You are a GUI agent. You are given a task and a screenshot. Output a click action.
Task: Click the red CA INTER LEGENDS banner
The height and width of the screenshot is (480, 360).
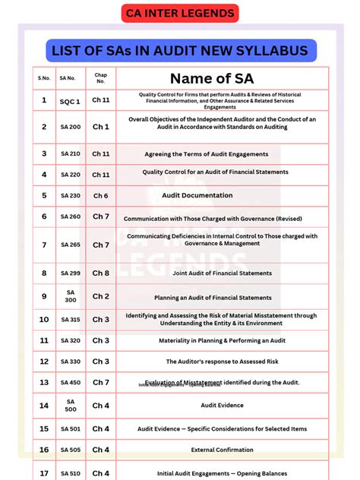click(180, 13)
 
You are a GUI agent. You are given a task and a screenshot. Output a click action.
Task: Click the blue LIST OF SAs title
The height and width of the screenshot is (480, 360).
click(180, 51)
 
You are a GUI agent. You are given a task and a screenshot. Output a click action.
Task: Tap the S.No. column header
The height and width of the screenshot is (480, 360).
click(43, 78)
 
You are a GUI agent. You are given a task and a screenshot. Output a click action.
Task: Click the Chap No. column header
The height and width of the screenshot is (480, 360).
click(100, 78)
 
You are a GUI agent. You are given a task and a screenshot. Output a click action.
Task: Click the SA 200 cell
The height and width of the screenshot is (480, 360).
click(71, 127)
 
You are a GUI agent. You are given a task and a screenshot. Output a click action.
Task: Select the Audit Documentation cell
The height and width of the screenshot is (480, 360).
click(197, 195)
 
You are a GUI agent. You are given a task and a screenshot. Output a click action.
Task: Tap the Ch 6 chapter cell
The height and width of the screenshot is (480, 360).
click(100, 195)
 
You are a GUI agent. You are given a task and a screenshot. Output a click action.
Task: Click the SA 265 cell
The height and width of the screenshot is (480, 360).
click(71, 245)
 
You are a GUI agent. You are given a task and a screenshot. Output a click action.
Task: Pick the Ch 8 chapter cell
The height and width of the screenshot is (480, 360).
click(100, 273)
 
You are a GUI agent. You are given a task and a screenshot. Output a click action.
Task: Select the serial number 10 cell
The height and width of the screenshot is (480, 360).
click(43, 320)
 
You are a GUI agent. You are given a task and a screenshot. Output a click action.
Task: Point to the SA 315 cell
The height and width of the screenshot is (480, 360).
click(71, 320)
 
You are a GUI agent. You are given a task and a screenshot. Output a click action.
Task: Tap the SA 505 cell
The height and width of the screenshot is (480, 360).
click(71, 450)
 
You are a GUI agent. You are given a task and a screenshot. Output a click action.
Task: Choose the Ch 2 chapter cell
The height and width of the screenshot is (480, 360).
click(100, 296)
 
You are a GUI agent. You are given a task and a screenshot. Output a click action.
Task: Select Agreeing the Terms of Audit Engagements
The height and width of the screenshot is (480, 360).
click(207, 154)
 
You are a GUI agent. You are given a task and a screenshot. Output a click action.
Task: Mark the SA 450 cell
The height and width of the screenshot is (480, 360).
click(71, 382)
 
